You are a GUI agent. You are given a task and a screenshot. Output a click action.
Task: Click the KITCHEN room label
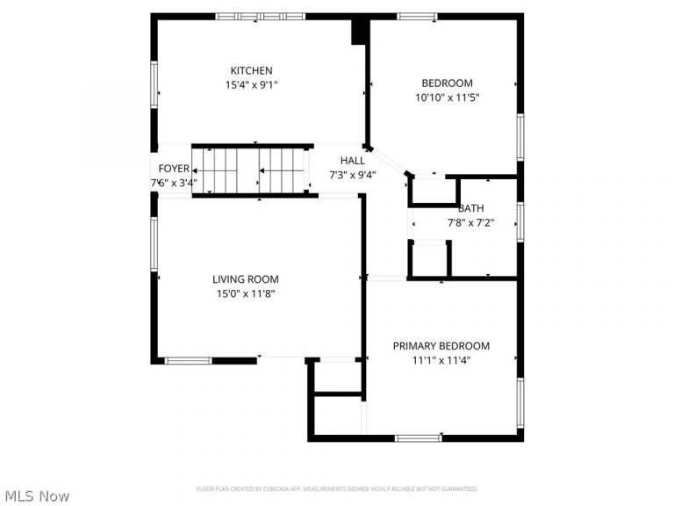251,70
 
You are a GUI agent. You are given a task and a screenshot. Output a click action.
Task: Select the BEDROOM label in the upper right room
447,83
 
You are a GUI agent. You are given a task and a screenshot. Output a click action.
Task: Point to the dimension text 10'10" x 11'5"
447,98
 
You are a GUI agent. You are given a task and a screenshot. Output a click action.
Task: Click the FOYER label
174,169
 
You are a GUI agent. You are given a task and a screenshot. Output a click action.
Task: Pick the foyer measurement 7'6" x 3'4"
174,184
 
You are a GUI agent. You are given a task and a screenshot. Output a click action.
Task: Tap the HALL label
353,161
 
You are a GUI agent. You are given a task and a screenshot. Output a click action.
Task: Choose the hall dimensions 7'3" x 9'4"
353,175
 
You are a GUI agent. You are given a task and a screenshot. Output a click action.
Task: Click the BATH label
470,208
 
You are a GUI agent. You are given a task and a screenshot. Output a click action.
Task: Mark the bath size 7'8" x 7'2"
470,223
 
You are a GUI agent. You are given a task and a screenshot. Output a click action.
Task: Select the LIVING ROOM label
246,279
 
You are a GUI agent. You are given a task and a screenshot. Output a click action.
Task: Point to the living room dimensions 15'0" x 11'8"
246,294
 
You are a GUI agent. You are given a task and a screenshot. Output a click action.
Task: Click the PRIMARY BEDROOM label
441,346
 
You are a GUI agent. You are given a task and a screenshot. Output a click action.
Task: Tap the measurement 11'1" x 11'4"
441,360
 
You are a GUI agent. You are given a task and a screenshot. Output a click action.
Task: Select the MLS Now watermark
35,496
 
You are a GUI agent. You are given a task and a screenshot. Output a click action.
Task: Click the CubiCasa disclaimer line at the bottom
337,488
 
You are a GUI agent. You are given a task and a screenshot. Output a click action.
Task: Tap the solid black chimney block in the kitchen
359,31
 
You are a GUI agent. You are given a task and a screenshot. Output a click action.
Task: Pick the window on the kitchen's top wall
261,16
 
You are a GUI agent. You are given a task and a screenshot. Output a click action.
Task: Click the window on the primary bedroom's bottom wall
418,437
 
